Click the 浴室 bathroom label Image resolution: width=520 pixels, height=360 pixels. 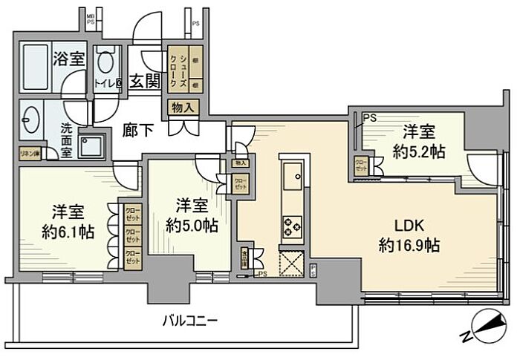pyautogui.click(x=68, y=59)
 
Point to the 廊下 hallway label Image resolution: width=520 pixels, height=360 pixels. pyautogui.click(x=138, y=131)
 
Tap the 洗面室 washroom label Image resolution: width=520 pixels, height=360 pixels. pyautogui.click(x=66, y=137)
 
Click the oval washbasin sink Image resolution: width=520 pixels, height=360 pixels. pyautogui.click(x=31, y=118)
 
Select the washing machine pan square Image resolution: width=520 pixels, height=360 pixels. pyautogui.click(x=94, y=146)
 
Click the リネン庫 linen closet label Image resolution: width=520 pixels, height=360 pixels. pyautogui.click(x=30, y=153)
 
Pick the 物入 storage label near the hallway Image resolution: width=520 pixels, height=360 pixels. pyautogui.click(x=183, y=108)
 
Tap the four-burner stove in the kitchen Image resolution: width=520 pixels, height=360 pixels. pyautogui.click(x=292, y=225)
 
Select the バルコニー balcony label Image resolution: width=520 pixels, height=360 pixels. pyautogui.click(x=190, y=322)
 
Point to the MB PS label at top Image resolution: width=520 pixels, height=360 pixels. pyautogui.click(x=91, y=18)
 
